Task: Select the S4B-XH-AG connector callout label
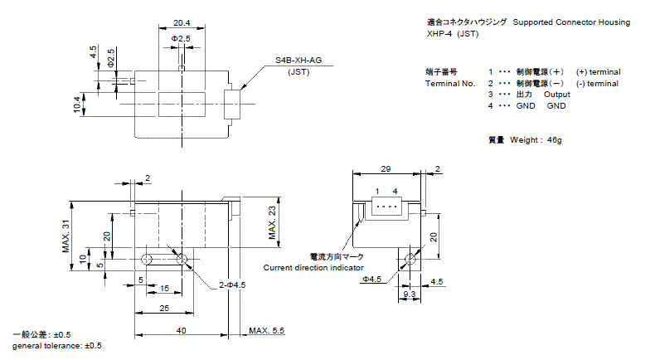(x=299, y=61)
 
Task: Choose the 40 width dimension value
(x=182, y=330)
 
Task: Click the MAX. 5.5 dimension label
(x=266, y=331)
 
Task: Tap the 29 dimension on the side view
(x=386, y=168)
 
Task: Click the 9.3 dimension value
(x=409, y=294)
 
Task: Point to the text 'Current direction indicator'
(x=313, y=268)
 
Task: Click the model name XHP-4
(x=439, y=34)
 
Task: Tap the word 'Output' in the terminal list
(x=557, y=95)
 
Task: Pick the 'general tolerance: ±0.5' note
(x=57, y=345)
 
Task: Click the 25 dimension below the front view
(x=164, y=309)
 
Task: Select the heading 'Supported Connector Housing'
(x=571, y=22)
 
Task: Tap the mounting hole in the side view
(x=409, y=260)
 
